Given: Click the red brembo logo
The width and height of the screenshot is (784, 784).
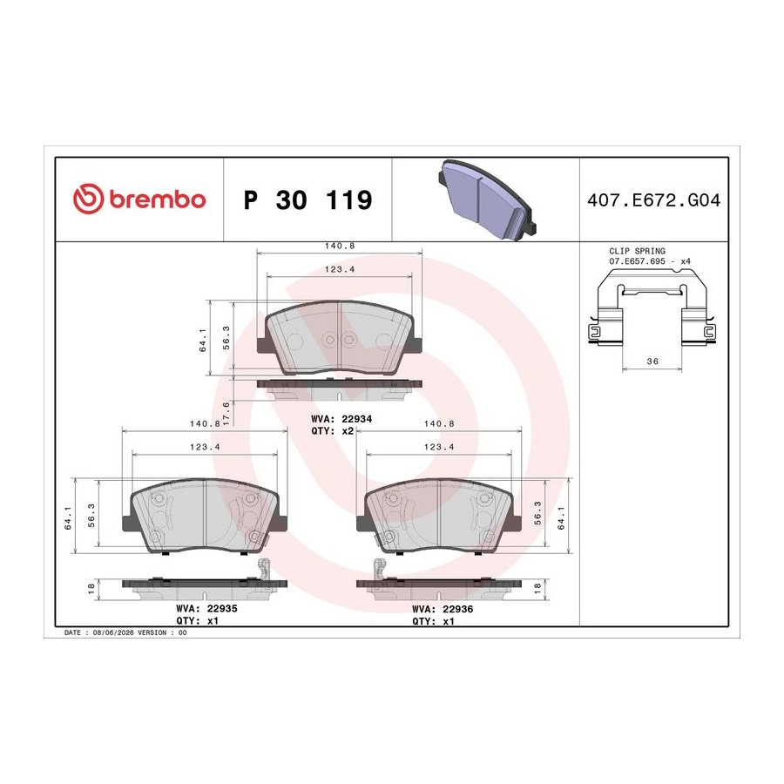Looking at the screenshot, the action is point(139,199).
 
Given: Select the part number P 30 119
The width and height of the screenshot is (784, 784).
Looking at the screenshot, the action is point(308,200).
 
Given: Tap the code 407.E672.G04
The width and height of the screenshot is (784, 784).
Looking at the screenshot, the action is point(653,200).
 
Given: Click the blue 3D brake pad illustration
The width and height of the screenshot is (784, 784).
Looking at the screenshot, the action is point(487,199).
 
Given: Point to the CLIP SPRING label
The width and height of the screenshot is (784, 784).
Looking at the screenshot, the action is point(637,251).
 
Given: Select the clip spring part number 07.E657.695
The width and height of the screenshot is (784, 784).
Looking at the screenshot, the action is point(637,261).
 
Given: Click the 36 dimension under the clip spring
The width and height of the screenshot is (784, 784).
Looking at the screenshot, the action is point(652,361).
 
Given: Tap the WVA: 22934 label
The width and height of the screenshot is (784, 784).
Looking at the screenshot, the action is point(341,419).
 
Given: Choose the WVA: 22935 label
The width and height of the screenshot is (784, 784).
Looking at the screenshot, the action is point(206,609).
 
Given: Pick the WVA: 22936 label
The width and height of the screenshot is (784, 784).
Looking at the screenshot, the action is point(443,609).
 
